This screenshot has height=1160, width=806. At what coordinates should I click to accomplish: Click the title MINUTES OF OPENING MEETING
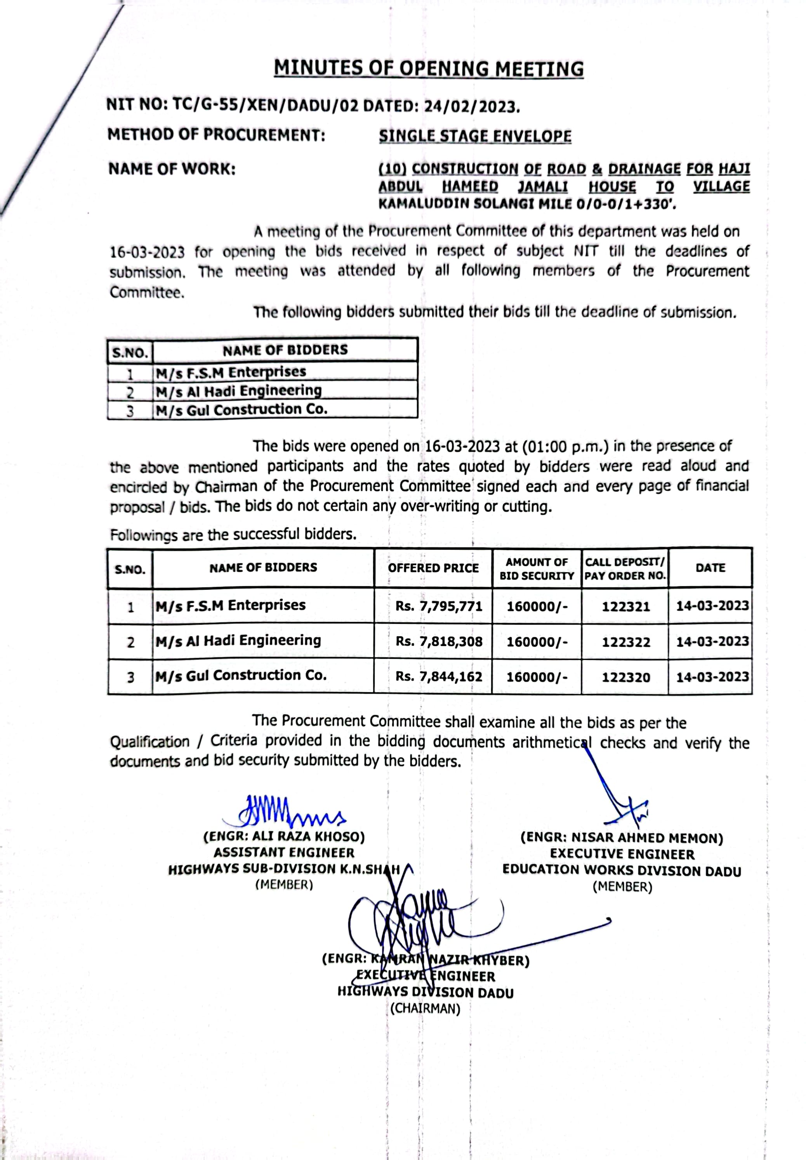point(428,69)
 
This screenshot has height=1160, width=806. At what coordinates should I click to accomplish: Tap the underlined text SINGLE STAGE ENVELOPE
point(475,136)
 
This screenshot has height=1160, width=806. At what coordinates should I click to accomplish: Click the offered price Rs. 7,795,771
point(439,606)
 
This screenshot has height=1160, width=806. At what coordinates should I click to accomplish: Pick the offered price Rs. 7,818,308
point(439,641)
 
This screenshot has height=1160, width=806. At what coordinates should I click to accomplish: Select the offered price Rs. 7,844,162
point(439,677)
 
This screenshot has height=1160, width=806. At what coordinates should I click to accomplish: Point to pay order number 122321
point(626,606)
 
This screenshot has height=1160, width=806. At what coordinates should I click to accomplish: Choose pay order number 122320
point(626,677)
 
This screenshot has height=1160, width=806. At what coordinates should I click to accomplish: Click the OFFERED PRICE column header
point(433,568)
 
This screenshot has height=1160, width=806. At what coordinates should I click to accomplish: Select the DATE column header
point(710,568)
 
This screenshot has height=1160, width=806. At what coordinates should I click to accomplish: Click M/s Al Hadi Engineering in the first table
point(238,391)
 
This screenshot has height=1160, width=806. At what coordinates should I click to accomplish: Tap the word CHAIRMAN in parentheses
point(425,1009)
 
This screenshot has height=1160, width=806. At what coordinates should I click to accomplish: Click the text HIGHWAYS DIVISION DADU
point(425,993)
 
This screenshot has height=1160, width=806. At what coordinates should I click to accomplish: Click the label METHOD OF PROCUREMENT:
point(216,135)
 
